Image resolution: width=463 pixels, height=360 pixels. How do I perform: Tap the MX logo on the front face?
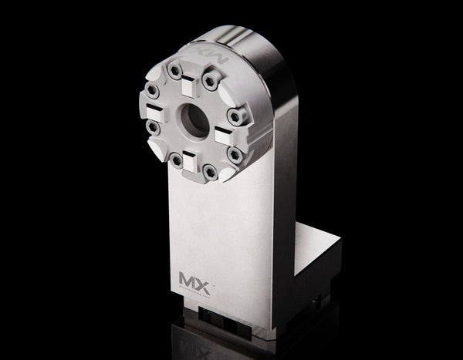click(x=194, y=280)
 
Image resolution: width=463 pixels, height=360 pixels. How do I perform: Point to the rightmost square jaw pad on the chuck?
click(x=224, y=136)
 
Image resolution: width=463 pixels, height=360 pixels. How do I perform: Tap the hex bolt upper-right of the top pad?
click(x=210, y=80)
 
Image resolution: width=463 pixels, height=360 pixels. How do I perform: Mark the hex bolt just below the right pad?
click(x=235, y=155)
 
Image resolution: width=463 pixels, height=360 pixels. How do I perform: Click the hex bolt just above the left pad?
click(x=153, y=92)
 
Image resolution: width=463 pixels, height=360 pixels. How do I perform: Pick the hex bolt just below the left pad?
click(x=154, y=127)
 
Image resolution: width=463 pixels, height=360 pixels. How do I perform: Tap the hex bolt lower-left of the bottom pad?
click(x=177, y=161)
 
